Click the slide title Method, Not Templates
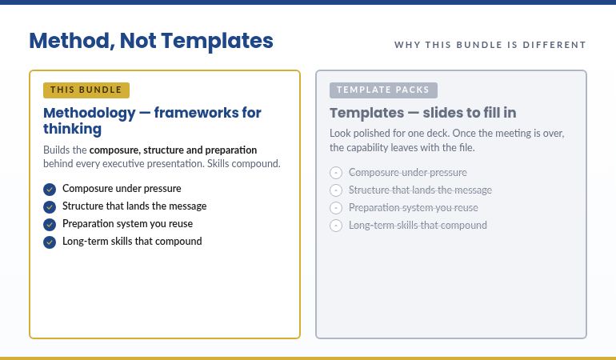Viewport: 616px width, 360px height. (x=151, y=41)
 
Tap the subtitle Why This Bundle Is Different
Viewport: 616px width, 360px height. (x=490, y=45)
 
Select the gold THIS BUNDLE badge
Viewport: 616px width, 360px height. (x=86, y=90)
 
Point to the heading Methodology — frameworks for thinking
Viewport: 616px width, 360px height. (x=152, y=121)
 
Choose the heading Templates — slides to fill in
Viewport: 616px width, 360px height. (x=423, y=113)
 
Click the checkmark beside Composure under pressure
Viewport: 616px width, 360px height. (x=50, y=190)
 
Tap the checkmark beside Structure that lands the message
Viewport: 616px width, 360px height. (x=50, y=207)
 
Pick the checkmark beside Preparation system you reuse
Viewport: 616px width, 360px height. (x=50, y=225)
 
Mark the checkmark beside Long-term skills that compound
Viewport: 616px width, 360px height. (x=50, y=242)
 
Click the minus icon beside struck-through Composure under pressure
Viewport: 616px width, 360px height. (x=336, y=173)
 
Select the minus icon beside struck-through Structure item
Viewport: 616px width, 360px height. (x=336, y=190)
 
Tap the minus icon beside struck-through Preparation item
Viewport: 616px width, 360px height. (x=336, y=208)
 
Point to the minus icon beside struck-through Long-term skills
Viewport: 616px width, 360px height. (x=336, y=226)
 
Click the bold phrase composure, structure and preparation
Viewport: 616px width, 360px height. (x=173, y=150)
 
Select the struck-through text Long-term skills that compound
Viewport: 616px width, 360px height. (x=418, y=226)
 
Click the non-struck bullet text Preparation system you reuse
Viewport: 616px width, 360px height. (x=127, y=224)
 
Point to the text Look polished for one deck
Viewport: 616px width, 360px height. (x=382, y=134)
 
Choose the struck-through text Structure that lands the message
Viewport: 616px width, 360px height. (x=420, y=190)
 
